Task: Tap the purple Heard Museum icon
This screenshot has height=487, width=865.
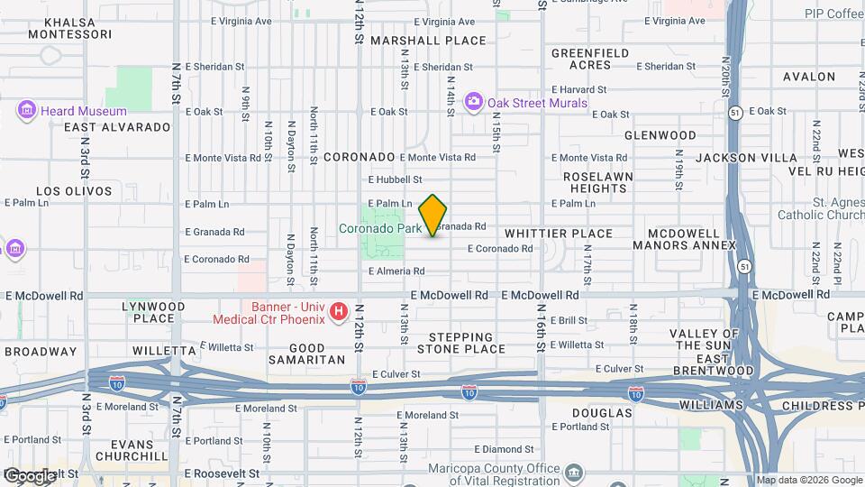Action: click(26, 111)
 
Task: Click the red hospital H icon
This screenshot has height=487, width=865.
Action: click(339, 312)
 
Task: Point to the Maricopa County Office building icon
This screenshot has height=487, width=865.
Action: click(574, 473)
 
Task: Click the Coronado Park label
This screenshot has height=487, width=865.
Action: click(380, 229)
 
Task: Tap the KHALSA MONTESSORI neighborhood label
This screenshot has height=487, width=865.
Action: click(69, 27)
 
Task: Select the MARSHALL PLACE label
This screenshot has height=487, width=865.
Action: click(428, 41)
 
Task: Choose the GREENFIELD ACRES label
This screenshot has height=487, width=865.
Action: click(590, 60)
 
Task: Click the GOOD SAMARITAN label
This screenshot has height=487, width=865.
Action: click(317, 353)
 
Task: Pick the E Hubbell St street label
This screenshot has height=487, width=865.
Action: click(395, 179)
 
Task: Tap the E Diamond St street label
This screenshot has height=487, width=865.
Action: click(510, 449)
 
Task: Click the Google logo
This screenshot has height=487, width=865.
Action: click(30, 475)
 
